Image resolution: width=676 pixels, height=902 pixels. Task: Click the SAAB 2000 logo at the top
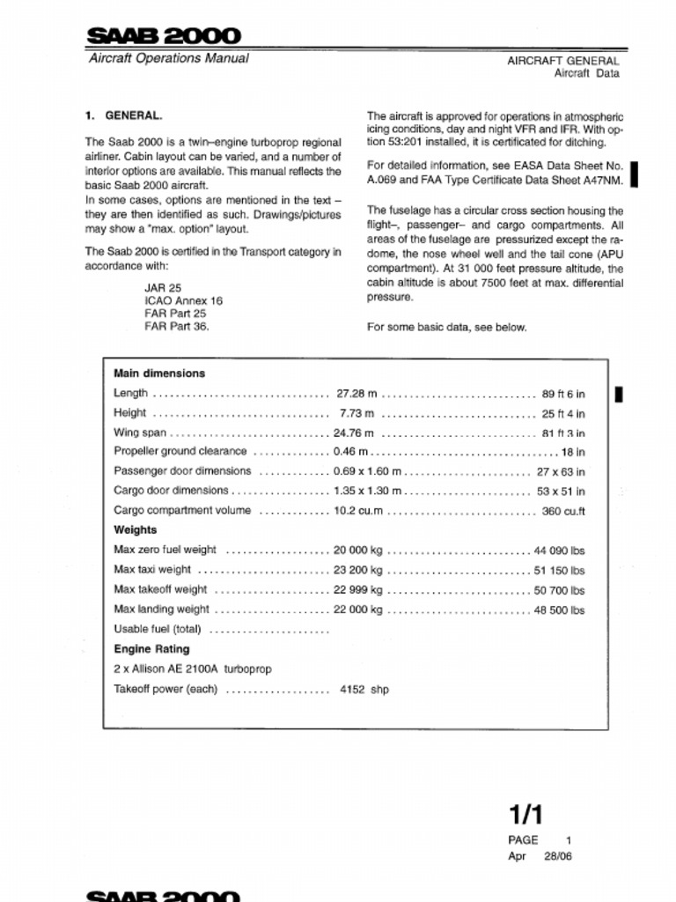click(163, 36)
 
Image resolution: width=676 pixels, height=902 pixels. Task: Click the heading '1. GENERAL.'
click(123, 115)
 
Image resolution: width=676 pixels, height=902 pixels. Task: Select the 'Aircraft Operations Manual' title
click(168, 59)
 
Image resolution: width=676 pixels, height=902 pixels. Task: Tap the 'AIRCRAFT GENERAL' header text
click(562, 61)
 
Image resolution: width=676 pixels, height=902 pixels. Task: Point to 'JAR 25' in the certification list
click(163, 287)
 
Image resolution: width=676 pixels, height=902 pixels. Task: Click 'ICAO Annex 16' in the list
click(183, 300)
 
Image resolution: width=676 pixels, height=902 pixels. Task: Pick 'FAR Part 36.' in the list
click(177, 326)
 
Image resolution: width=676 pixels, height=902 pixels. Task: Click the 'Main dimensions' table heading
click(159, 373)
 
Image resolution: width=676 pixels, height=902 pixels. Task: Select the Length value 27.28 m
click(356, 393)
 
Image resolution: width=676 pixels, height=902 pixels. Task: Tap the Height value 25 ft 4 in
click(563, 413)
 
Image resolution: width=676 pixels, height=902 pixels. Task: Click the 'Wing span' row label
click(140, 433)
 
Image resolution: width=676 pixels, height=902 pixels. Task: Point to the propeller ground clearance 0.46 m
click(350, 452)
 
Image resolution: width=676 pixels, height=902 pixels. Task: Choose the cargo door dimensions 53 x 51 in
click(561, 492)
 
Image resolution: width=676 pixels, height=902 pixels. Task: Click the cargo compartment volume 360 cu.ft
click(563, 511)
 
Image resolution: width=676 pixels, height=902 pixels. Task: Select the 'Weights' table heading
click(136, 530)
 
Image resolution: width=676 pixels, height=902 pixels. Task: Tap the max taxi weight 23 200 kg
click(358, 570)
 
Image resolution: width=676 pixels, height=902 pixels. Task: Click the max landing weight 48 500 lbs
click(559, 610)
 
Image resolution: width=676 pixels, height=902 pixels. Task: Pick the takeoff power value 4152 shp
click(364, 690)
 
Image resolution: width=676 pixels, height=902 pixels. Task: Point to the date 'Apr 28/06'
click(540, 855)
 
